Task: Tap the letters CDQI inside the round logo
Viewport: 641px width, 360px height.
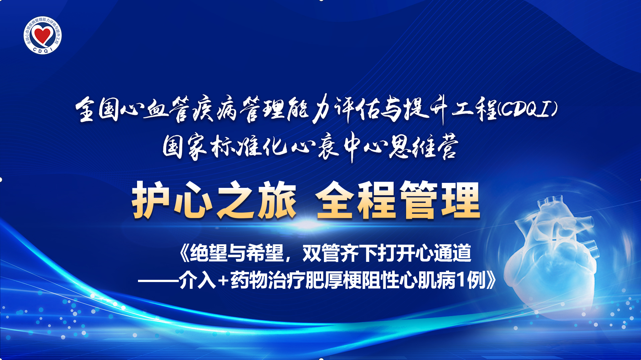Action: [x=43, y=50]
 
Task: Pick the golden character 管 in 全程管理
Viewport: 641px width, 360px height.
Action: [x=420, y=200]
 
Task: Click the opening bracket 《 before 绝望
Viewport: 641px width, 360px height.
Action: [x=183, y=253]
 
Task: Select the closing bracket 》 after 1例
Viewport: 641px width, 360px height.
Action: [x=491, y=280]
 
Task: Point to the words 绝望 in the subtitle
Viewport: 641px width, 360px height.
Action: [x=208, y=253]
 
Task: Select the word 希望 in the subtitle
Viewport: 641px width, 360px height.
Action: [x=265, y=253]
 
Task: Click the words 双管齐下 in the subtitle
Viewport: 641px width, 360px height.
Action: [x=340, y=253]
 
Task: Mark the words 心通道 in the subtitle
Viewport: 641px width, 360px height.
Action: [x=443, y=253]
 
